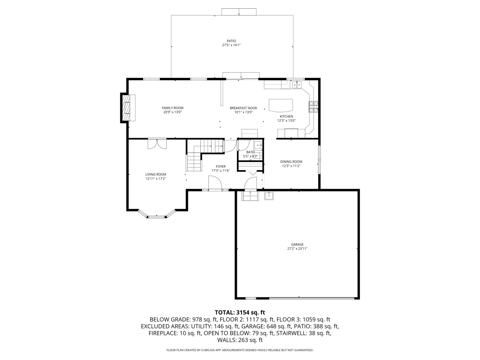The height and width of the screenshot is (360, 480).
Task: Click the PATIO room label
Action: (231, 41)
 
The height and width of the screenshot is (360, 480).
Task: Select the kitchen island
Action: (281, 105)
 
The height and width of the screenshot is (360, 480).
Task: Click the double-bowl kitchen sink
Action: (297, 85)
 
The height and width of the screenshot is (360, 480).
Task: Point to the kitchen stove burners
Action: (313, 107)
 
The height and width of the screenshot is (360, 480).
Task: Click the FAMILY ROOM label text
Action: (172, 108)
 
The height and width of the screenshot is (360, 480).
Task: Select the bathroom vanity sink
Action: (258, 145)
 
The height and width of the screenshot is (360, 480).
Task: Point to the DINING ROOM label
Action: (291, 162)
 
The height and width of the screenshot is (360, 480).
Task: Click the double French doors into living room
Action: (157, 144)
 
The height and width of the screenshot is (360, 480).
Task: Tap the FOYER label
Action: (220, 166)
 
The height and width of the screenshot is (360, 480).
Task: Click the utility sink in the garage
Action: (269, 196)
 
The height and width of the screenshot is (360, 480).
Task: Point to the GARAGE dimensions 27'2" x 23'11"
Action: (297, 249)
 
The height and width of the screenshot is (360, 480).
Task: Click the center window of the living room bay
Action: (157, 217)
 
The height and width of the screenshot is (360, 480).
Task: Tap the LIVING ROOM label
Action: (156, 174)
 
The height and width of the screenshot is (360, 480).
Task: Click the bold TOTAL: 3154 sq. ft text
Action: (240, 313)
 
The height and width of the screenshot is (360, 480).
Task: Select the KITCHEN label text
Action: (286, 116)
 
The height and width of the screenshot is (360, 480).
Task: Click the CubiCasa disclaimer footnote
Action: (240, 350)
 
